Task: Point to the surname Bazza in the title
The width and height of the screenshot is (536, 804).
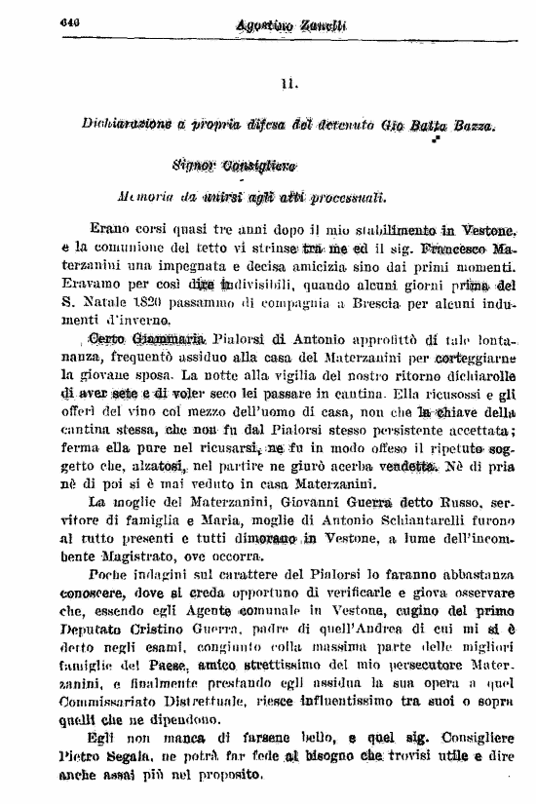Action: (x=473, y=125)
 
